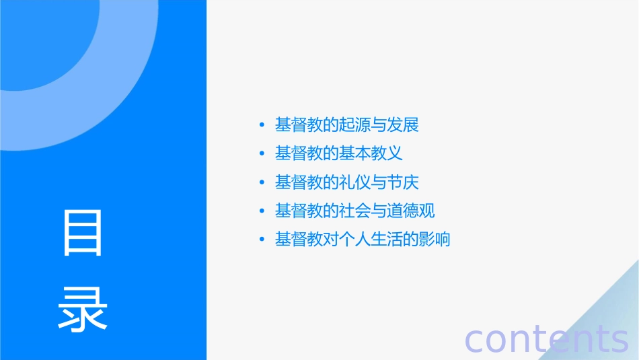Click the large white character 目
83,233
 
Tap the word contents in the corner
546,339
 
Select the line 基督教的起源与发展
347,124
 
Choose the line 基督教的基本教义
339,153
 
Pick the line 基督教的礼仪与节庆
347,182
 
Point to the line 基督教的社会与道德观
355,211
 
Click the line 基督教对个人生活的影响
363,239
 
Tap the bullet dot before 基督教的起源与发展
262,125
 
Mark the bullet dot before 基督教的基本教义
262,154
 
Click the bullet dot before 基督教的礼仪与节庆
262,182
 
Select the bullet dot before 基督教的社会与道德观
262,211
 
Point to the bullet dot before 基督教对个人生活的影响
262,240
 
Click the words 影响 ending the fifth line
435,239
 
